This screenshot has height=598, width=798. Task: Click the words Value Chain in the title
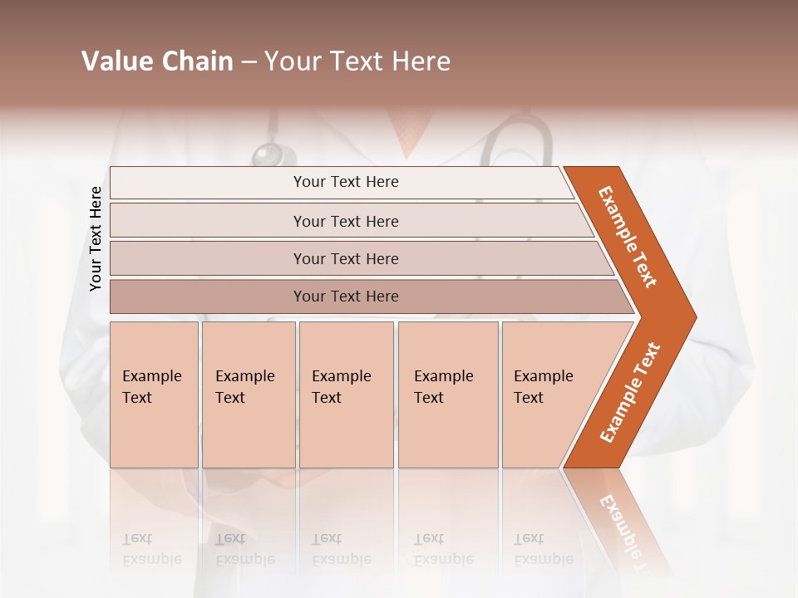(x=157, y=61)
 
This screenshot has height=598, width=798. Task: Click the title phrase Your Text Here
(x=357, y=61)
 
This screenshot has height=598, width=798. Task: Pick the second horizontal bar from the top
(x=346, y=221)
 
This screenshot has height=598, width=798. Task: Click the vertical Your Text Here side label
(x=96, y=238)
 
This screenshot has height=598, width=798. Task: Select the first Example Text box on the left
(x=154, y=394)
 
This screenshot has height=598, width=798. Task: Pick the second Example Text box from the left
(x=248, y=394)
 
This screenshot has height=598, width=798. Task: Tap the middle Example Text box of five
(x=346, y=394)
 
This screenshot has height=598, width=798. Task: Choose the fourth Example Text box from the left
(x=447, y=394)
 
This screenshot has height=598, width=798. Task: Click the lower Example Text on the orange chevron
(x=629, y=393)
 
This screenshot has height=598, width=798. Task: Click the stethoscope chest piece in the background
(x=270, y=154)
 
